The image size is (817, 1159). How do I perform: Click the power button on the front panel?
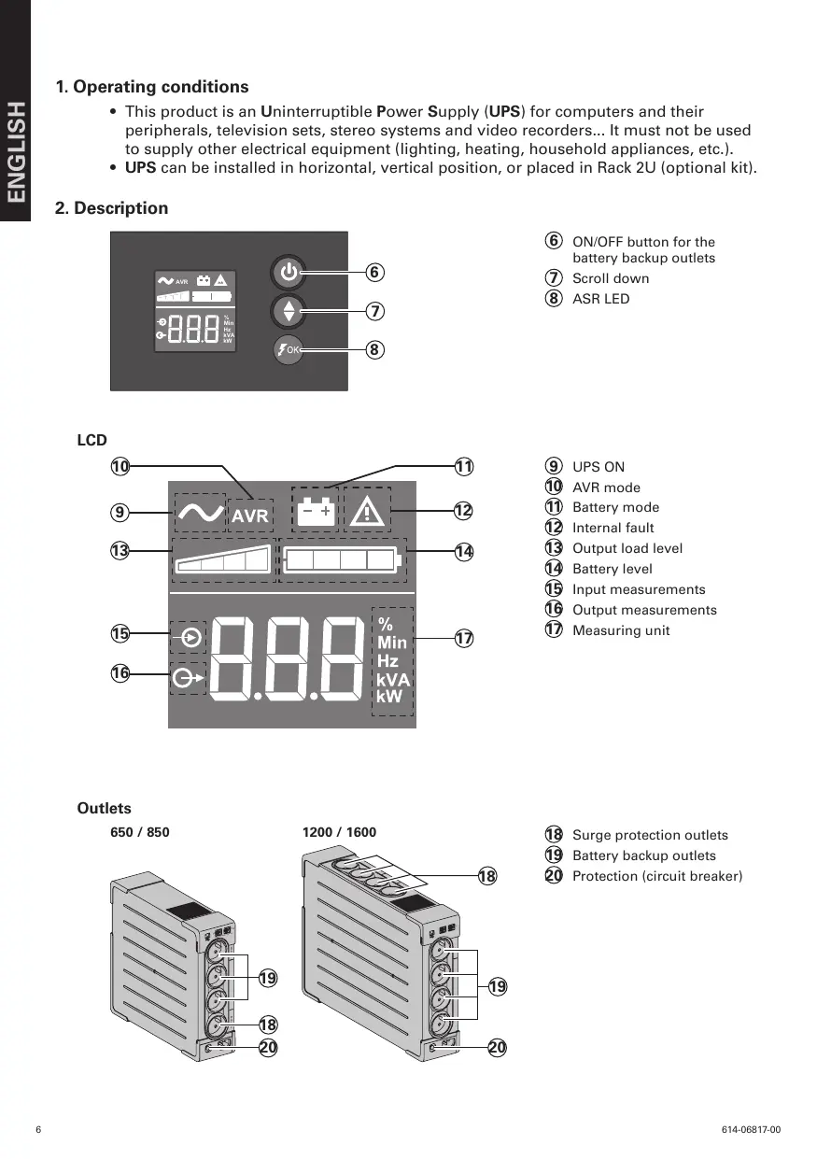[x=289, y=273]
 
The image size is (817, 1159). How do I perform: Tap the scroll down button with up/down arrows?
[x=289, y=310]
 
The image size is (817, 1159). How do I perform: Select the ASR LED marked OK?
[x=289, y=349]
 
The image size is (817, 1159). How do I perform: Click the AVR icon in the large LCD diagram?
[x=249, y=515]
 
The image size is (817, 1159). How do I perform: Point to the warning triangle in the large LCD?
[x=368, y=512]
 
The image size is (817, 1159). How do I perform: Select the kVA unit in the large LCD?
[x=392, y=679]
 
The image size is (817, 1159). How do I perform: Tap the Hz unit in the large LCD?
[x=387, y=660]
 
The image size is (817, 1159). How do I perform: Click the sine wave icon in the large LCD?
[x=200, y=513]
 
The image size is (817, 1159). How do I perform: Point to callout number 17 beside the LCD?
[x=464, y=639]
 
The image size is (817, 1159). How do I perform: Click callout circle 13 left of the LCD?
[x=120, y=551]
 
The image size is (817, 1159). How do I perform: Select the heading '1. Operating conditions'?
[x=152, y=87]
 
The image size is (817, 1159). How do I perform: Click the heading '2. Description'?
[x=112, y=208]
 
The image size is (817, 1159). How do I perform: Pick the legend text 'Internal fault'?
[x=613, y=528]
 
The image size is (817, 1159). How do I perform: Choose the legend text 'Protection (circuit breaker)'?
[x=656, y=876]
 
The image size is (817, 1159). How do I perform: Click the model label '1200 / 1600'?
[x=339, y=832]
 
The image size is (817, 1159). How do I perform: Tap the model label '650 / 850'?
[x=140, y=832]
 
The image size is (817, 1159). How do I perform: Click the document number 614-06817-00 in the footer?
[x=751, y=1130]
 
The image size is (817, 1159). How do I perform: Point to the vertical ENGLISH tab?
[x=16, y=154]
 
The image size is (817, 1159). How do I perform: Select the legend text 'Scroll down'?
[x=611, y=278]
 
